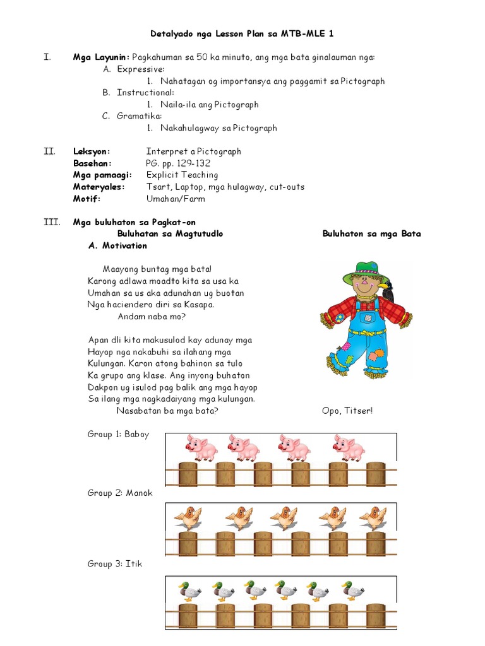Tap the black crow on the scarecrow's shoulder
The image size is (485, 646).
coord(389,290)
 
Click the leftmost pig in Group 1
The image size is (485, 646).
coord(200,448)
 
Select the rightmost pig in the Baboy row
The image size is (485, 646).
coord(349,448)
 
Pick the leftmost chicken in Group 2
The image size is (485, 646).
coord(188,518)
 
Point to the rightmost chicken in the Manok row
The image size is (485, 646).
coord(373,518)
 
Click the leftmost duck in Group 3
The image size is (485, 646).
coord(189,590)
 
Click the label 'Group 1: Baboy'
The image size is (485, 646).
coord(118,434)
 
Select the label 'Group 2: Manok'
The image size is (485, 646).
coord(120,493)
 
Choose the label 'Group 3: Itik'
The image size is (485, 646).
coord(115,563)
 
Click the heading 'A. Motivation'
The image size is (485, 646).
coord(117,245)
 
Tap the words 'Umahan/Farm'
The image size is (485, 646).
coord(176,199)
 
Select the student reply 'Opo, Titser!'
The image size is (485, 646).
coord(347,411)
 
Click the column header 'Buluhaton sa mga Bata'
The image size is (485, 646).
coord(371,233)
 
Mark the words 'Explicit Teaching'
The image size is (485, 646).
coord(182,175)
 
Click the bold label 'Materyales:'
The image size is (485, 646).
coord(99,187)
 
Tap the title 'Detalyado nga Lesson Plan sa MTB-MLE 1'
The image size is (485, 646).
coord(242,33)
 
